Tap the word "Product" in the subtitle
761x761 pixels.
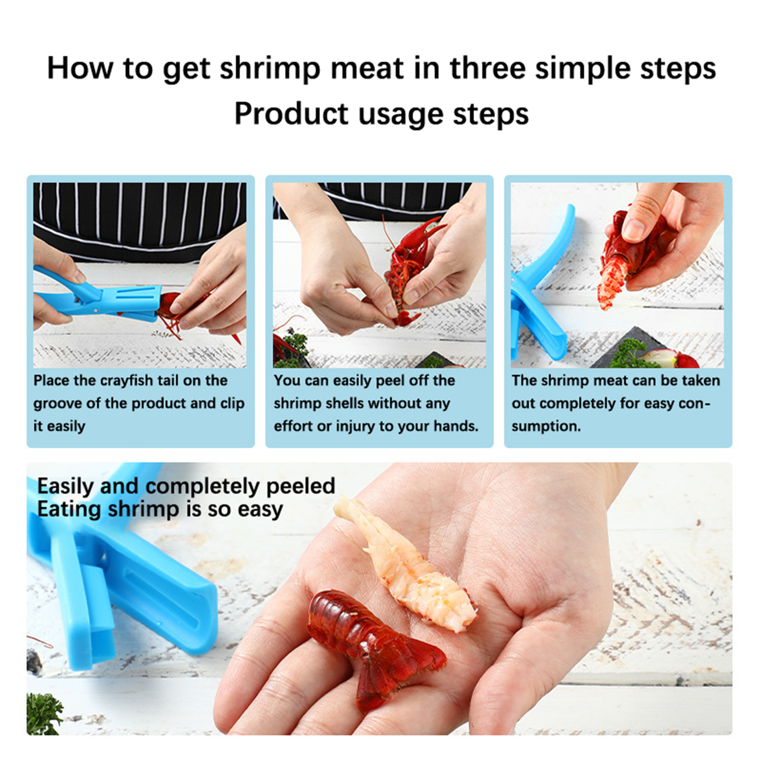coord(292,114)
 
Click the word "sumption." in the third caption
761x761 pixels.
coord(546,427)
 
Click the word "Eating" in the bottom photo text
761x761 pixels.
coord(69,510)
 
